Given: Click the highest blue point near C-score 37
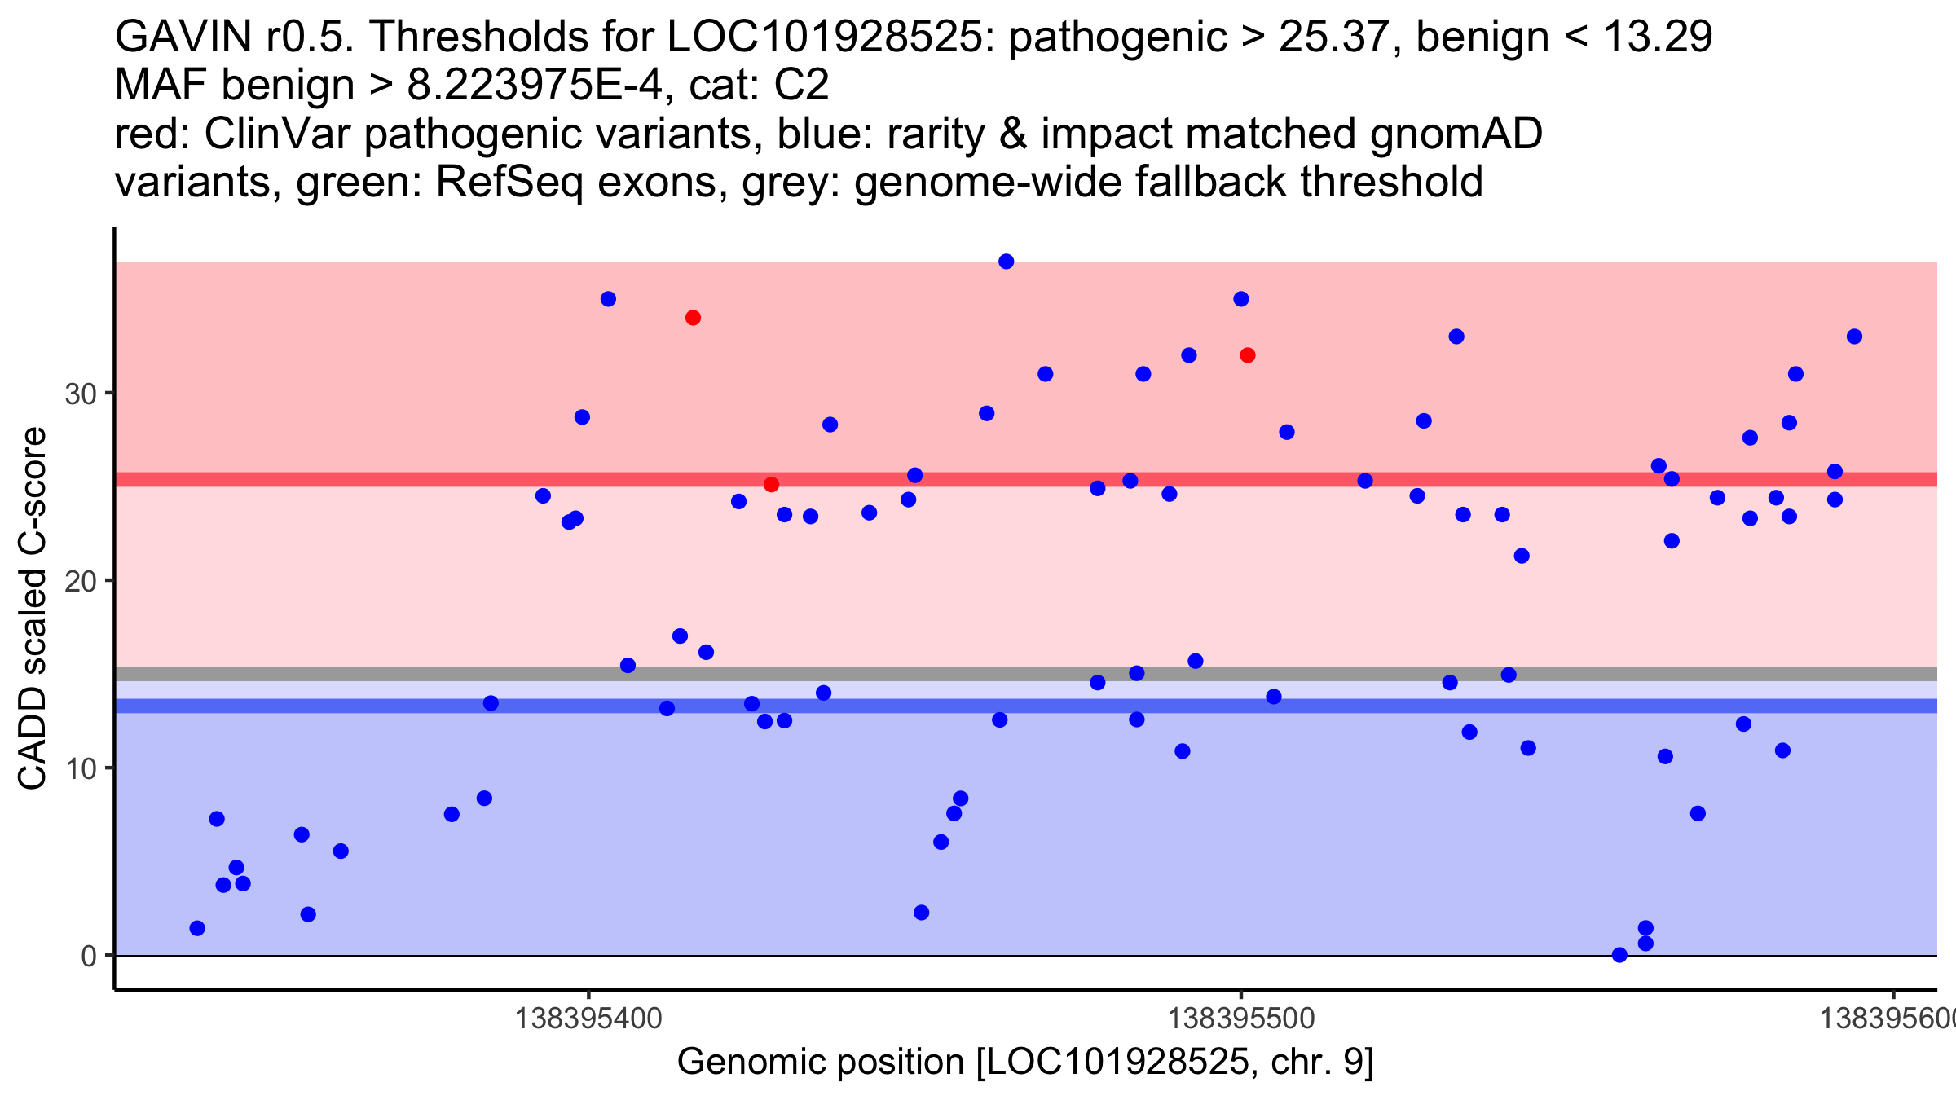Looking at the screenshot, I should pos(1006,262).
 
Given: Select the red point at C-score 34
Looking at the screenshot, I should pos(693,318).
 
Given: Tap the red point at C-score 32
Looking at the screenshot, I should pos(1247,355).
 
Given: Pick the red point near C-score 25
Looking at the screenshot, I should pos(771,485).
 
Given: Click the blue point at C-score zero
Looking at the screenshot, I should pos(1619,955).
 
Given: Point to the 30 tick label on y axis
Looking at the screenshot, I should pos(80,394).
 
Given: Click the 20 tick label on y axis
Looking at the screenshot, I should pos(80,582).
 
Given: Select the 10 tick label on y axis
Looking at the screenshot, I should pos(80,768).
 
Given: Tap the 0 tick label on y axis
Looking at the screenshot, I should pos(89,956).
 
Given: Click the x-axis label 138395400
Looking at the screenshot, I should pos(589,1019).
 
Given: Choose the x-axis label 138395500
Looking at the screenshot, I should pos(1241,1019).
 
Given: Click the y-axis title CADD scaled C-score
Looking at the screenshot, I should pos(33,609).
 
